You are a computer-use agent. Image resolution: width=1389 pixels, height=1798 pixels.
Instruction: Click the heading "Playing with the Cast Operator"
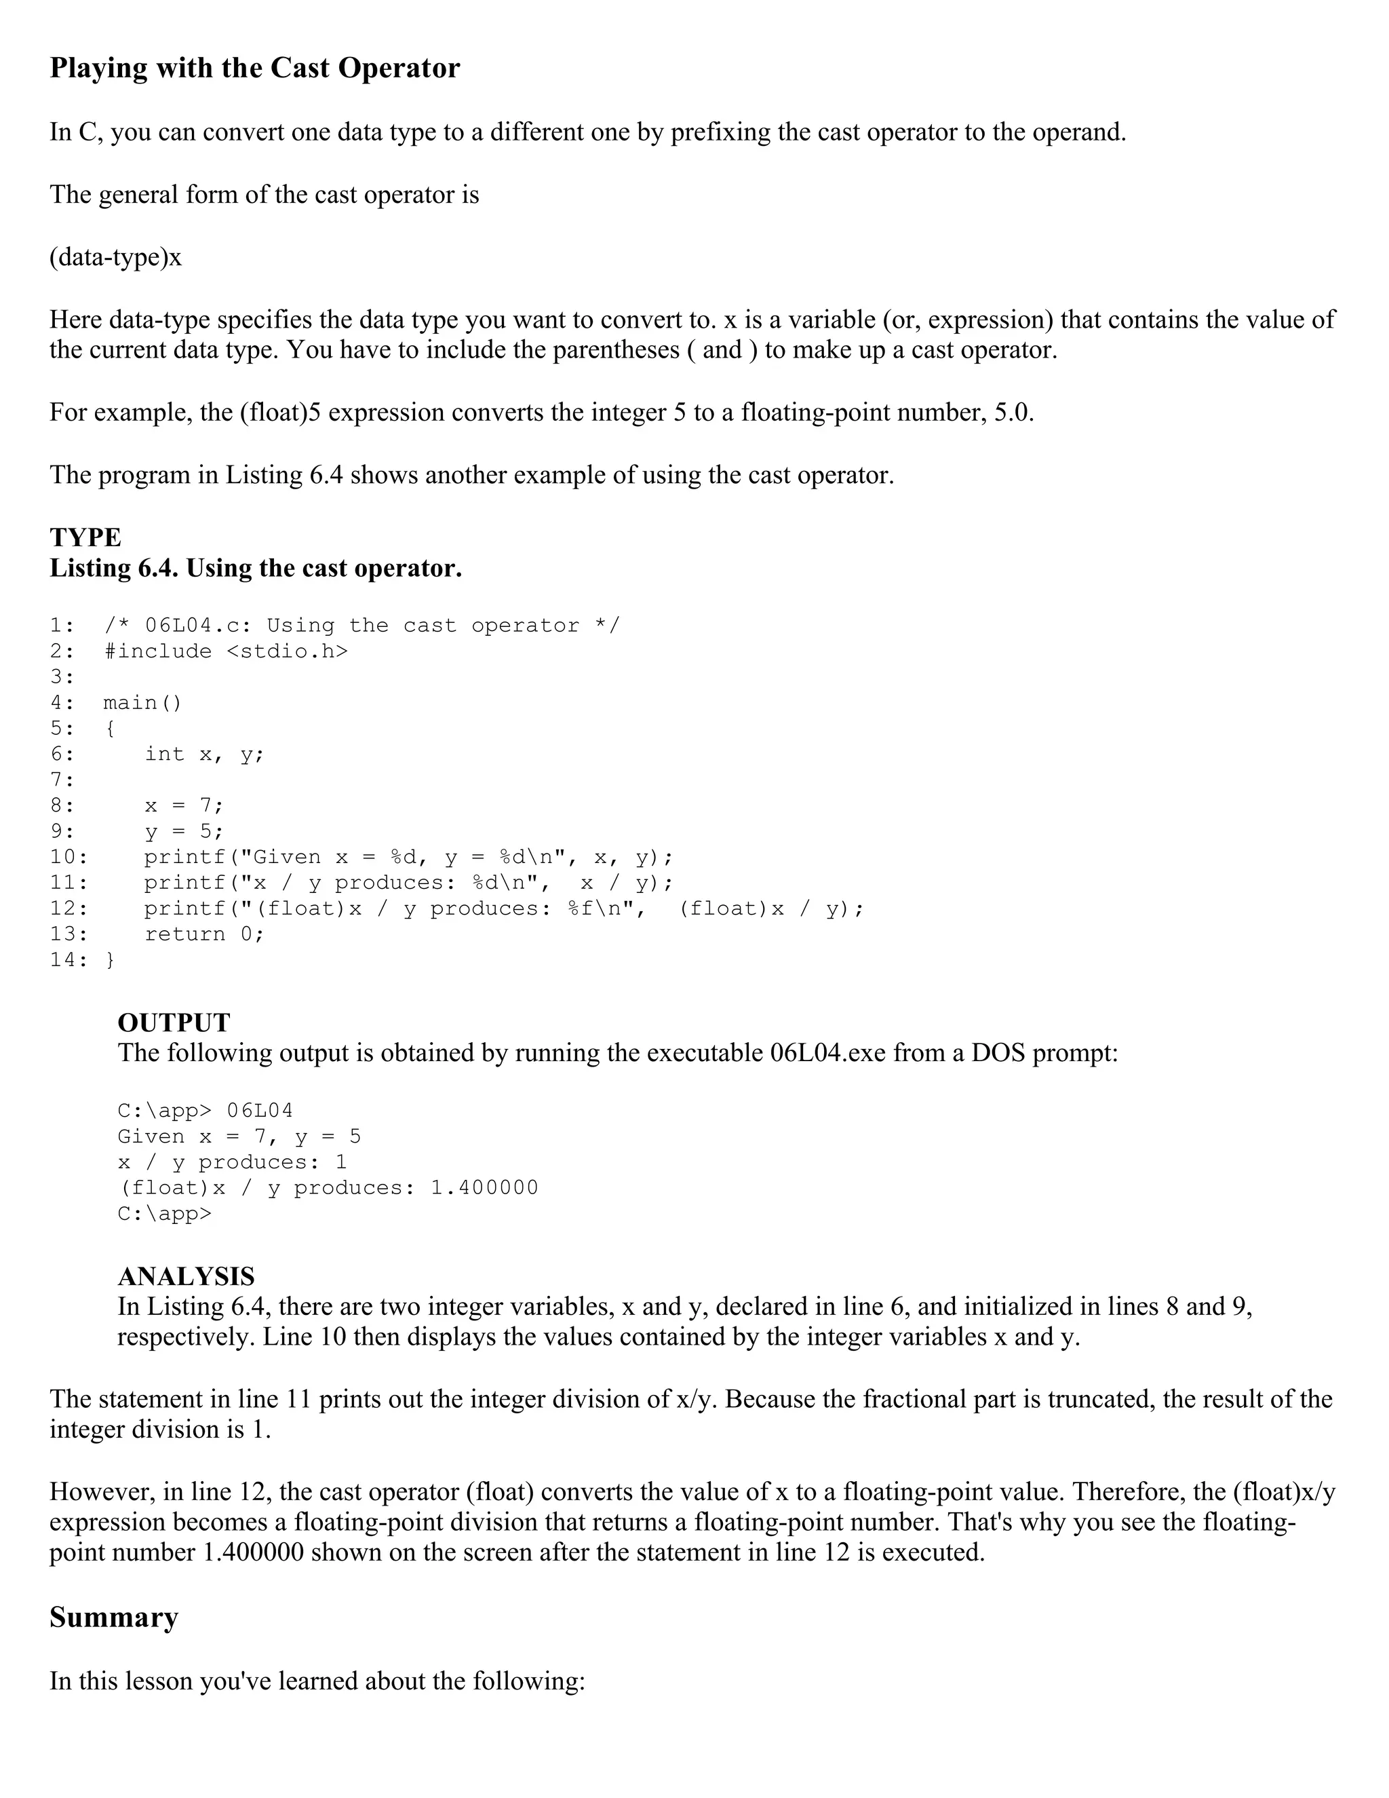coord(254,67)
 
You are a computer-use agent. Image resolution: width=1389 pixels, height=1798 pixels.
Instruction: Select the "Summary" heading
coord(113,1617)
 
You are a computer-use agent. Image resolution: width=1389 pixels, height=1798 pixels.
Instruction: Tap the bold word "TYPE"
coord(85,537)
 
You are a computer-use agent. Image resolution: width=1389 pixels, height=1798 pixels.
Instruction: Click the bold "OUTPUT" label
coord(174,1022)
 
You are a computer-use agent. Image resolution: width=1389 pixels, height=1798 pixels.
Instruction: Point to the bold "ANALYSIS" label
coord(186,1276)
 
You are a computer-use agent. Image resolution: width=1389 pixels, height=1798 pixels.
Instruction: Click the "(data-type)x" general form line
coord(115,258)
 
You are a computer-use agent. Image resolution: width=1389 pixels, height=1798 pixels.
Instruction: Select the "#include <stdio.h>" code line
coord(227,651)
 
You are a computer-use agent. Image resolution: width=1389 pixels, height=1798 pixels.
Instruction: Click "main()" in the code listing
coord(142,702)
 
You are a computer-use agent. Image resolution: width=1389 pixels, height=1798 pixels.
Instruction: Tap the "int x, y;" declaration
coord(204,754)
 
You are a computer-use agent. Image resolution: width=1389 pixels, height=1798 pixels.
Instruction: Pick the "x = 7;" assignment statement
coord(184,805)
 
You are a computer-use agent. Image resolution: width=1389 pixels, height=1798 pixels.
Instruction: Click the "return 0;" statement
coord(204,934)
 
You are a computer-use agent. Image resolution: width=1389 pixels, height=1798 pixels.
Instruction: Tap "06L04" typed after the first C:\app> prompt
coord(259,1111)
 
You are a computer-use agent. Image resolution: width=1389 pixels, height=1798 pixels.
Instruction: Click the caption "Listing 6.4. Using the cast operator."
coord(255,568)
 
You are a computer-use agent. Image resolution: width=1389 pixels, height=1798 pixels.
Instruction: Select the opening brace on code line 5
coord(111,729)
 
